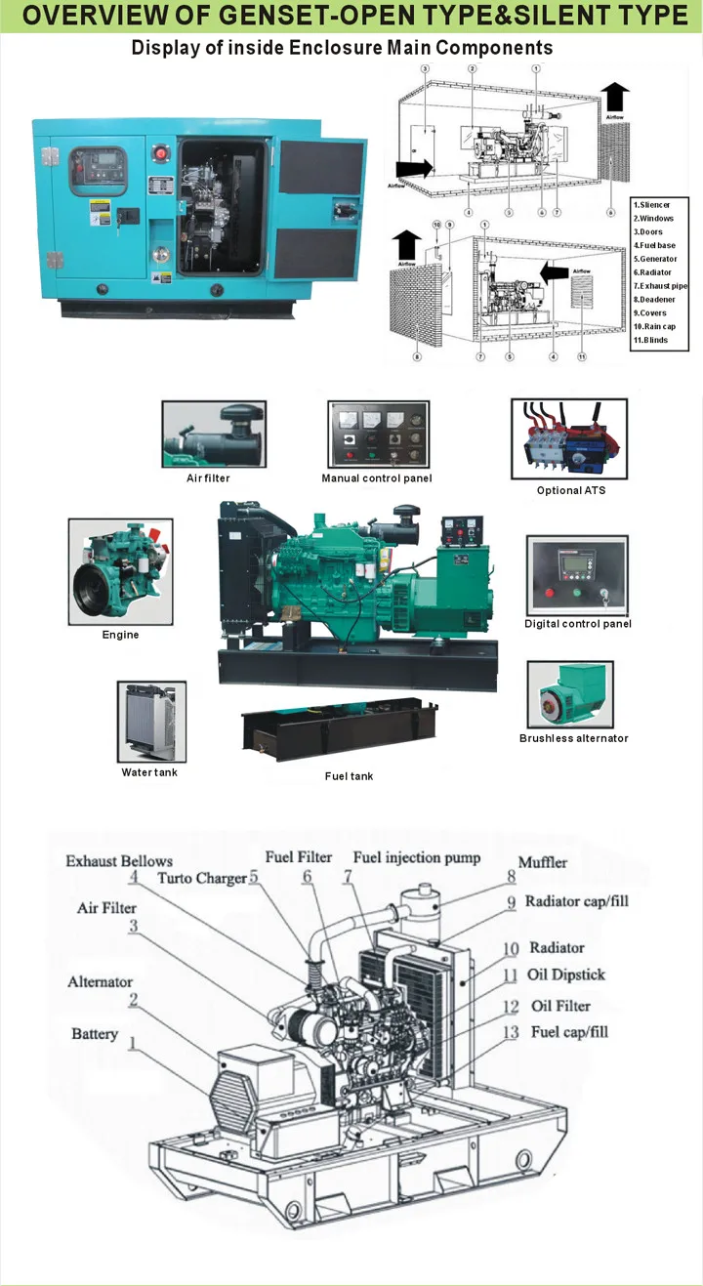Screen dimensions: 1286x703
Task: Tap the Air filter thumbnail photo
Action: (213, 434)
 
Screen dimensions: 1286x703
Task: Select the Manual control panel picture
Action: (376, 435)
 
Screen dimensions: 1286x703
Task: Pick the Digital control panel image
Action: (576, 575)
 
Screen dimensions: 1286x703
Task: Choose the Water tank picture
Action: (150, 723)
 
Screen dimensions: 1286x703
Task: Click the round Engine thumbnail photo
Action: (120, 572)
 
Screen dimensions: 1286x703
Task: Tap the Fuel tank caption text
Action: (349, 776)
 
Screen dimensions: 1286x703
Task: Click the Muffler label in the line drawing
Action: (543, 862)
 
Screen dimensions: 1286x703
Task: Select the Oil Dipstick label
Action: (567, 975)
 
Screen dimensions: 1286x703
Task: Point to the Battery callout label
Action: (95, 1034)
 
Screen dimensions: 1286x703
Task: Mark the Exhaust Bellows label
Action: (119, 861)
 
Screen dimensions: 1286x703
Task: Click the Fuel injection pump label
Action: (417, 857)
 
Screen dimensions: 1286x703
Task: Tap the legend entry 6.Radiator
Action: (652, 272)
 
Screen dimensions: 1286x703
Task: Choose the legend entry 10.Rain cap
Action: (653, 327)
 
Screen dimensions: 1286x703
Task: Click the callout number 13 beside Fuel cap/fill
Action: (511, 1033)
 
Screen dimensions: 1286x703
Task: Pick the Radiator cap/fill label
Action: (576, 901)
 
